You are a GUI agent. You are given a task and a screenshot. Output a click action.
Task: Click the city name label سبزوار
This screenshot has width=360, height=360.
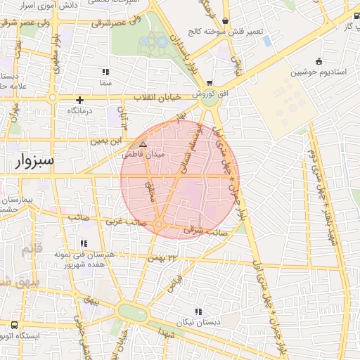click(34, 162)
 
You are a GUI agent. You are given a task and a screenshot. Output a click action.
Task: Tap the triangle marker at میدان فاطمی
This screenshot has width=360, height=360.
click(143, 143)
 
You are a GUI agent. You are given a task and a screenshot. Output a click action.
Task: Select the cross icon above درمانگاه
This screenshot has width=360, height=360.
click(80, 101)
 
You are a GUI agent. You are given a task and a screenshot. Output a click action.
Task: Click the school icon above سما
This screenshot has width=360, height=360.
click(105, 72)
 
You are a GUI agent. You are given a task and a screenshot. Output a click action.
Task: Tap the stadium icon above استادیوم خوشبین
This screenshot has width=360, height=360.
click(319, 60)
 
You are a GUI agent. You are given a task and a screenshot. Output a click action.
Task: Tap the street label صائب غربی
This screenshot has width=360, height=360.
click(125, 221)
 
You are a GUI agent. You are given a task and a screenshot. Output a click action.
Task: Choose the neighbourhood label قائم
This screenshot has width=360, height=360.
click(32, 248)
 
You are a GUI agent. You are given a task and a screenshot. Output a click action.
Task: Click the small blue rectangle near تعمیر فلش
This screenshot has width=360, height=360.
click(267, 41)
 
